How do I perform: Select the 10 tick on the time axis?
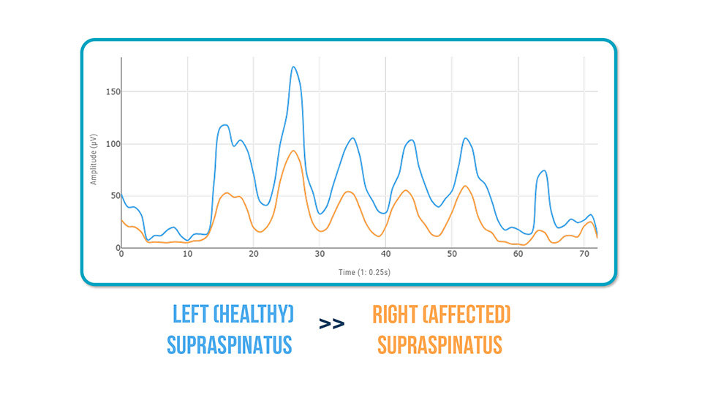[x=188, y=254]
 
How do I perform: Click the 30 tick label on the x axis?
[x=320, y=254]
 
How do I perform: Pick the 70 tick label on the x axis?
[x=584, y=254]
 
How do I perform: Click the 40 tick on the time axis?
[x=385, y=254]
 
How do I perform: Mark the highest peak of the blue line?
[x=293, y=67]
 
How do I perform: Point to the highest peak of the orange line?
[x=293, y=151]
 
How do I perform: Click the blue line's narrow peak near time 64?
[x=543, y=170]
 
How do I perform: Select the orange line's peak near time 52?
[x=464, y=186]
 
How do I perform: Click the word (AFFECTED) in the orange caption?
[x=472, y=315]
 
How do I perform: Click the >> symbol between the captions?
[x=331, y=324]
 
